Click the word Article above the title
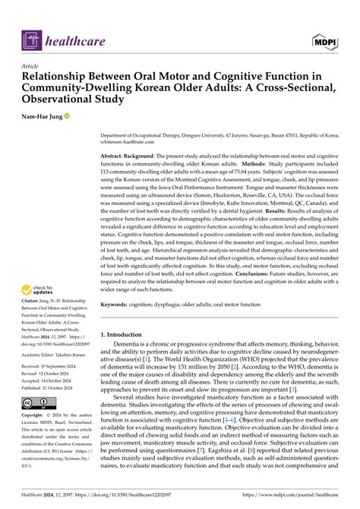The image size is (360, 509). (x=32, y=66)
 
